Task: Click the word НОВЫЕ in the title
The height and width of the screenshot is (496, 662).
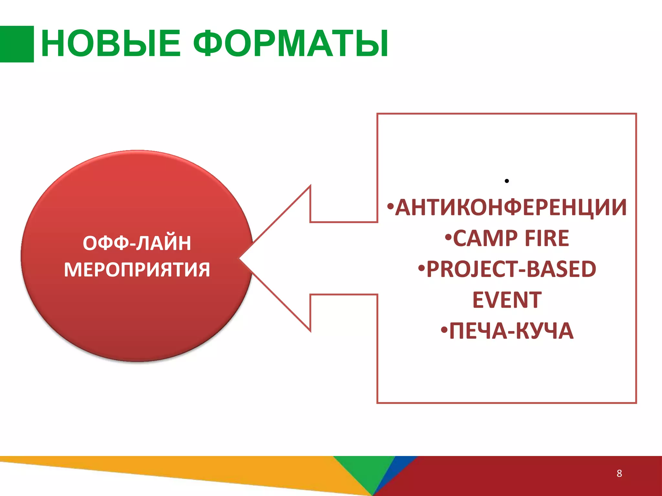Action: pyautogui.click(x=111, y=44)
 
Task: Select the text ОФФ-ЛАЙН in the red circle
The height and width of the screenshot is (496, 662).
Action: pyautogui.click(x=137, y=243)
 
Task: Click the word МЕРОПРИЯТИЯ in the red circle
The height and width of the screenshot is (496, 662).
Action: pyautogui.click(x=137, y=270)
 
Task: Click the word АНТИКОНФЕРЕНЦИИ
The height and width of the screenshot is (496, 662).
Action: pyautogui.click(x=511, y=207)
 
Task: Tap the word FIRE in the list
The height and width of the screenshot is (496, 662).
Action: pyautogui.click(x=547, y=239)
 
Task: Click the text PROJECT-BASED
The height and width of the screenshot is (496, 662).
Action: pyautogui.click(x=511, y=269)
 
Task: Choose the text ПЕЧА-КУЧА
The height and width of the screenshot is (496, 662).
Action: pyautogui.click(x=511, y=331)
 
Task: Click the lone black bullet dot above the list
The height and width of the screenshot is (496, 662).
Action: pyautogui.click(x=507, y=181)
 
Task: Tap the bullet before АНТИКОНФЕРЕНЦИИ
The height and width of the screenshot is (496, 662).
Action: pyautogui.click(x=390, y=206)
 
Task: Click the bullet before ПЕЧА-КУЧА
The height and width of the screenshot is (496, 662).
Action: pyautogui.click(x=444, y=330)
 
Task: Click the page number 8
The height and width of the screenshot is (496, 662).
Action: pyautogui.click(x=619, y=473)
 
